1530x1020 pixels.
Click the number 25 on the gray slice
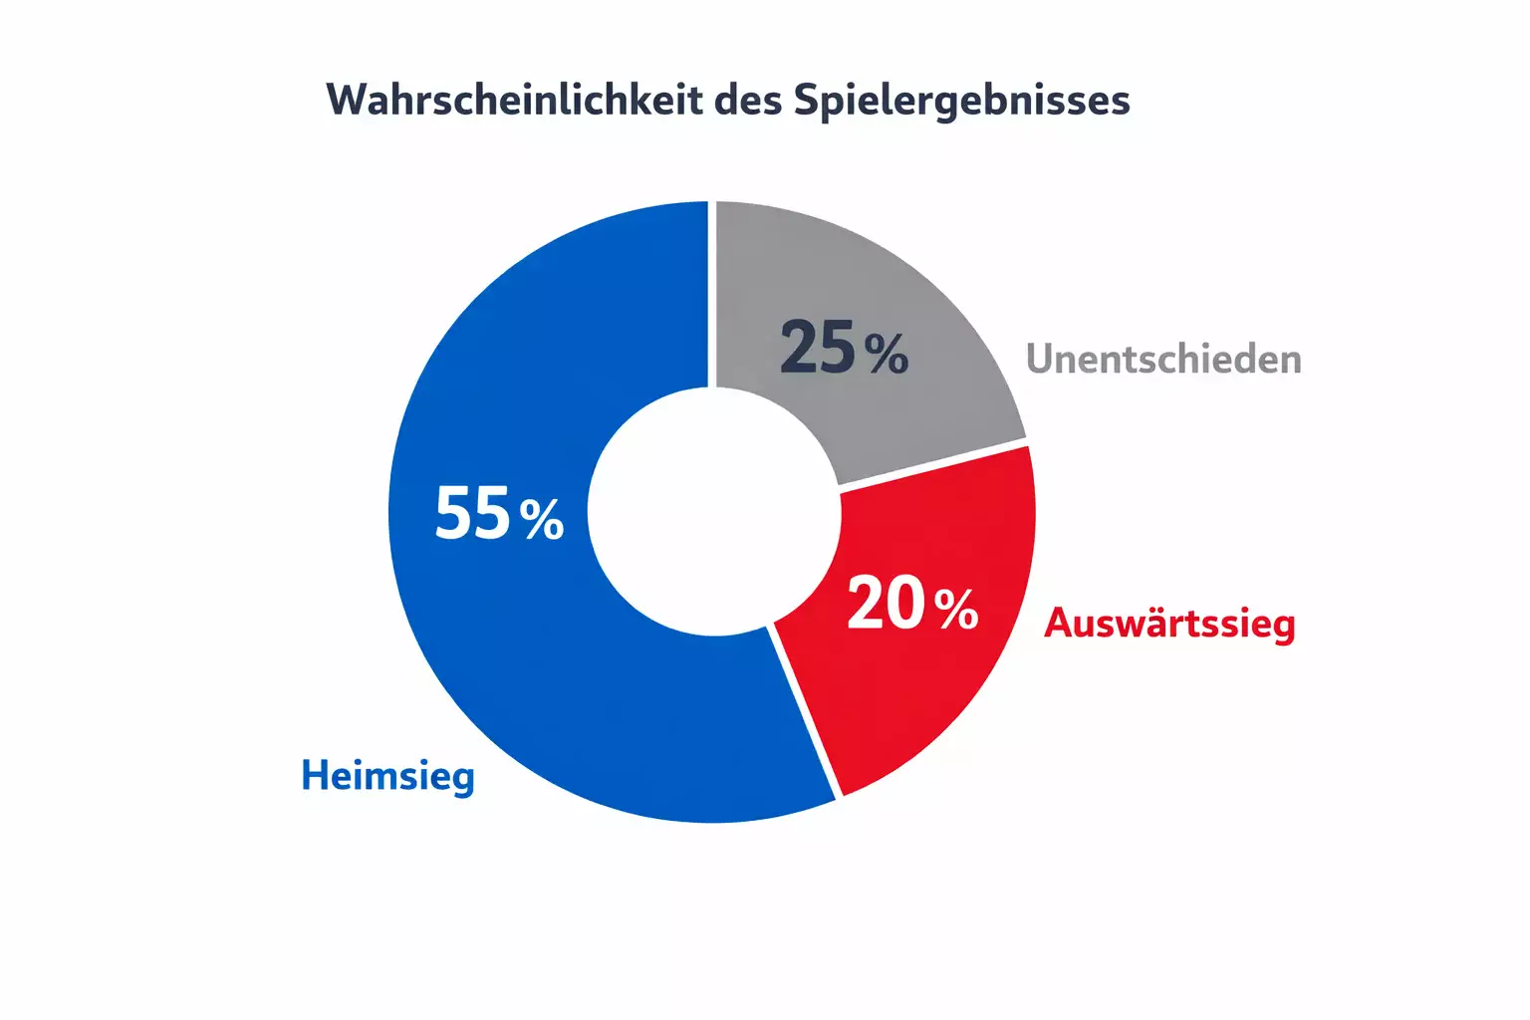tap(818, 349)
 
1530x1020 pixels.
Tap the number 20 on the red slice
tap(886, 604)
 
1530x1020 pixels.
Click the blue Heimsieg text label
tap(387, 776)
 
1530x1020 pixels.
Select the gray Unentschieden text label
tap(1163, 359)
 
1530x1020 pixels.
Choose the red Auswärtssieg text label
tap(1169, 624)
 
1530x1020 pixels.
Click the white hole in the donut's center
tap(713, 511)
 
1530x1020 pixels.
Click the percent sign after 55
tap(542, 518)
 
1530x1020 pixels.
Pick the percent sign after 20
tap(956, 608)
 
